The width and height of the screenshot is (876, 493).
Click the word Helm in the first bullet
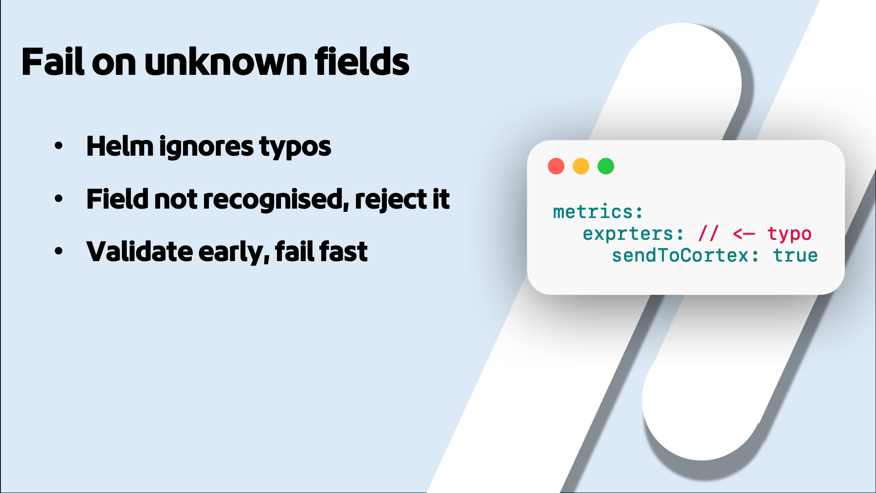120,147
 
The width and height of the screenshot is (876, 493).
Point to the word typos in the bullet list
295,147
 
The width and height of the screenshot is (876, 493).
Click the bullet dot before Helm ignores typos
58,146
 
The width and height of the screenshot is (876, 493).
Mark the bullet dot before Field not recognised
58,199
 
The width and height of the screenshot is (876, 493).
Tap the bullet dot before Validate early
58,251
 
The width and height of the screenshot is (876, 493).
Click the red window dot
556,166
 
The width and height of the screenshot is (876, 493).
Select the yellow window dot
581,166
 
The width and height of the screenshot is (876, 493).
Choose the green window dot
606,166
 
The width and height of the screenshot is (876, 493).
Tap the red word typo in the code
789,234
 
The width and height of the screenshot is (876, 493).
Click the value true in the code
795,256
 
